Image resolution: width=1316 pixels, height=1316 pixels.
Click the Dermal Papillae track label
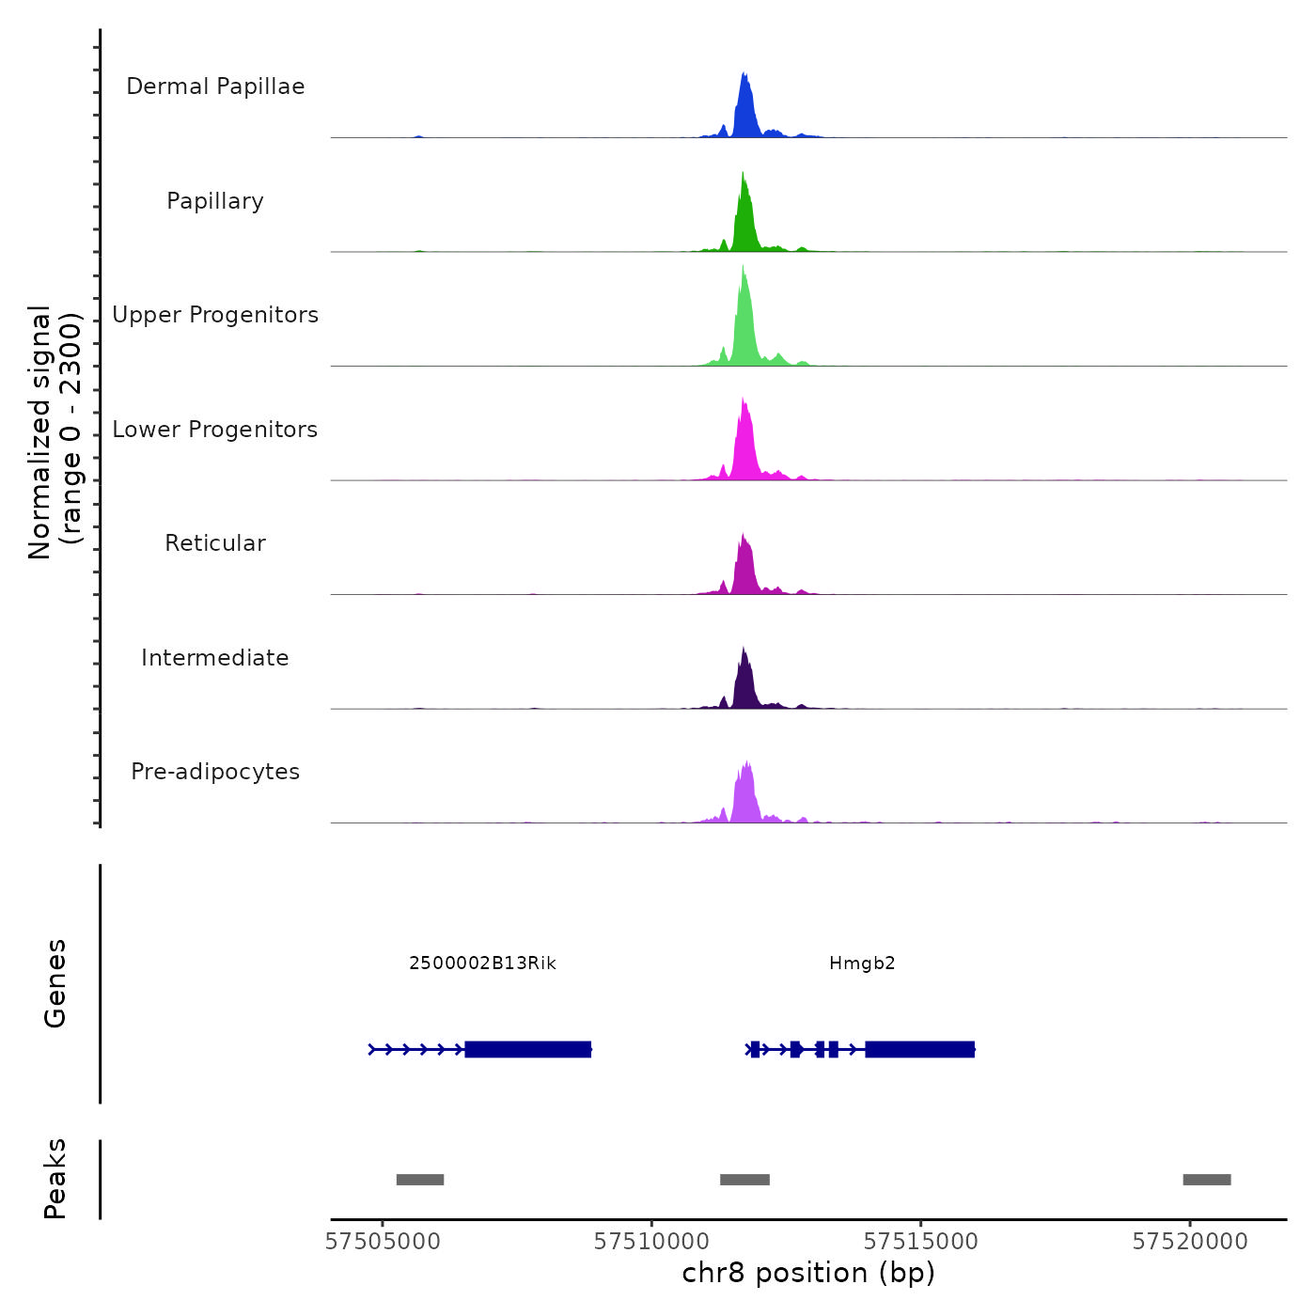click(215, 86)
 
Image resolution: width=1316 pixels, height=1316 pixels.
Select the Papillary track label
click(215, 201)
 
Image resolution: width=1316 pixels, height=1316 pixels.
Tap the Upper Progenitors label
click(215, 315)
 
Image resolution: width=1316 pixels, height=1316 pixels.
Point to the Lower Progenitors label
click(215, 430)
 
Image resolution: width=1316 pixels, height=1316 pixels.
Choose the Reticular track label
click(215, 543)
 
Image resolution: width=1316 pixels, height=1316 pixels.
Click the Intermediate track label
click(215, 658)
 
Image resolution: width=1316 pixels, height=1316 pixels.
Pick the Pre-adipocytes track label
click(215, 772)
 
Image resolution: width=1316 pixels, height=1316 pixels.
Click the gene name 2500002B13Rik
click(482, 963)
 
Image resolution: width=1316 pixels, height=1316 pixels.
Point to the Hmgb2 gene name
click(862, 963)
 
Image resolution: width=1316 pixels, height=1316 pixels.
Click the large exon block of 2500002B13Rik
click(528, 1049)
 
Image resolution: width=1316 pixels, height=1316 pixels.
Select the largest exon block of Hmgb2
click(919, 1049)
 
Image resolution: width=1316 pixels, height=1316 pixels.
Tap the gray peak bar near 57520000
click(1207, 1180)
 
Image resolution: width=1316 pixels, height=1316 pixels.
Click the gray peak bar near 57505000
click(420, 1180)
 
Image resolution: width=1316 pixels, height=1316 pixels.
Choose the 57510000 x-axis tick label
click(651, 1242)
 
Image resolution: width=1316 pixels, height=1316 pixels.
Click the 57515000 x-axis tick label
click(921, 1242)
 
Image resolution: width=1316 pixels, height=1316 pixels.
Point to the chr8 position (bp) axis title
click(808, 1274)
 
